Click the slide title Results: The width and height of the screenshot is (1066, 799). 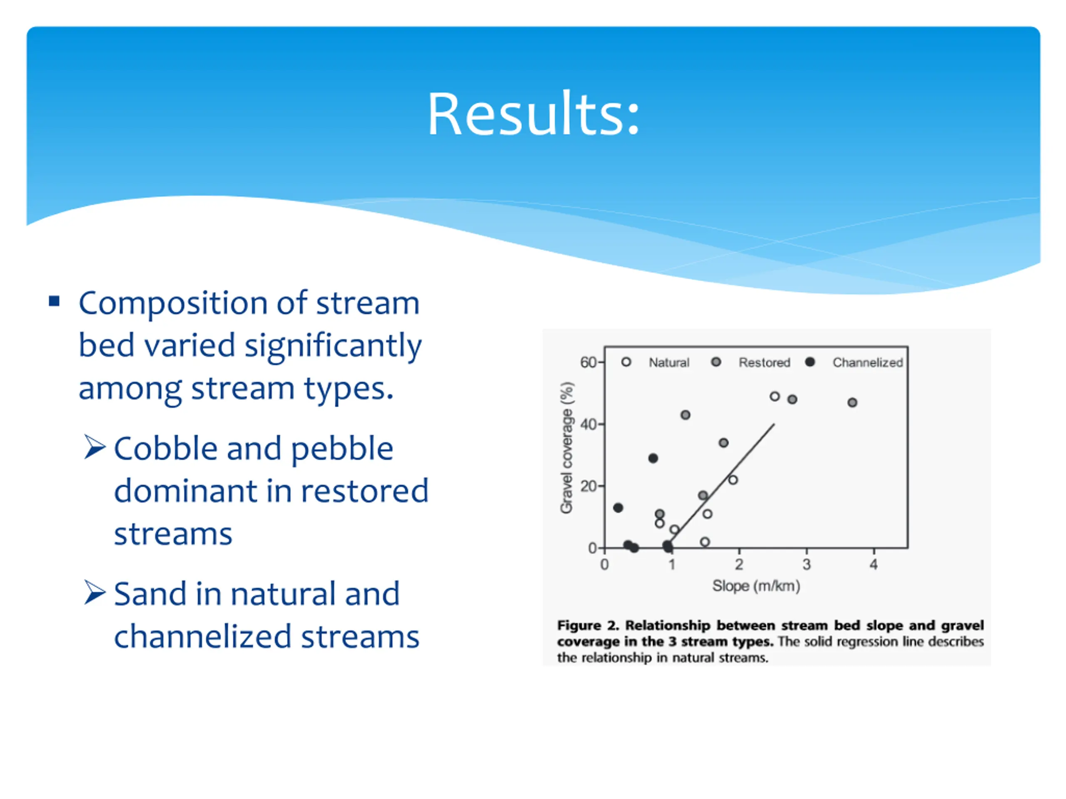click(533, 114)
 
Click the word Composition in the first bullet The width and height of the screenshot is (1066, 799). click(172, 304)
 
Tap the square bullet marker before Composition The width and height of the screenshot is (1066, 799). click(54, 301)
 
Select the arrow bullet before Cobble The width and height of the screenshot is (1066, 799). click(95, 447)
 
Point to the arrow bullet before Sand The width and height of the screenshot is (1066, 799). click(95, 593)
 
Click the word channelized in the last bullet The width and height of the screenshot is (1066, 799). click(203, 637)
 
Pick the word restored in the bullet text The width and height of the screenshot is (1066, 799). click(365, 491)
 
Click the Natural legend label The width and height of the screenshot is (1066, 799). click(669, 362)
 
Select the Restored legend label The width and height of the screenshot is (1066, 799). click(765, 362)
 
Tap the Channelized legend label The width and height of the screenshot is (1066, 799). click(867, 362)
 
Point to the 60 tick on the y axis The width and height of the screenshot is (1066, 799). click(588, 362)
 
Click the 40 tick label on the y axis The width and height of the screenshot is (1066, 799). click(588, 424)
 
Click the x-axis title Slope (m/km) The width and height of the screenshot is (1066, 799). click(756, 586)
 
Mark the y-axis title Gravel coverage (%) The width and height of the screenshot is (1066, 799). click(567, 448)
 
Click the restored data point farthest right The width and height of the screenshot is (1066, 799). click(852, 403)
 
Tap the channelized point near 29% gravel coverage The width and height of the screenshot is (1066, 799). click(653, 459)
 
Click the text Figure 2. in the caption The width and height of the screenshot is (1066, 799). click(588, 625)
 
